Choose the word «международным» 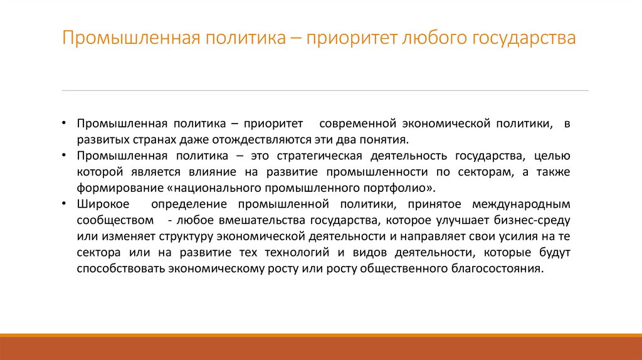coord(525,204)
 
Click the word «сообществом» coord(116,220)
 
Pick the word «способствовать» coord(121,269)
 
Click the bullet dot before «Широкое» coord(65,204)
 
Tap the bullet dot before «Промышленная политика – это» coord(65,155)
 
